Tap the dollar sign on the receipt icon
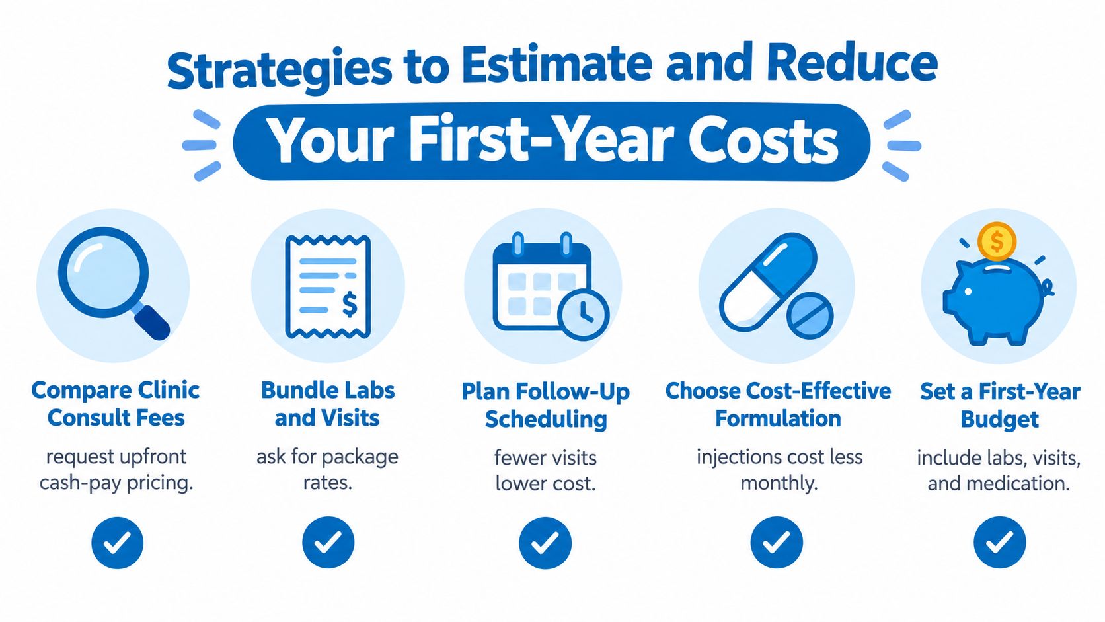(x=349, y=304)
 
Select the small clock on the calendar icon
(x=584, y=315)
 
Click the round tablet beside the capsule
(x=810, y=316)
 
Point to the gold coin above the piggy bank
(x=997, y=242)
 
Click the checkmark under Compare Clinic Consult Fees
(x=118, y=543)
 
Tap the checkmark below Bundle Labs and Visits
(x=328, y=543)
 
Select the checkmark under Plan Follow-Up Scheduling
(x=545, y=543)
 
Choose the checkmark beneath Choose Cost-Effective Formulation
(x=777, y=543)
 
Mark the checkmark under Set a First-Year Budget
(x=999, y=543)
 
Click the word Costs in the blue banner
(x=763, y=141)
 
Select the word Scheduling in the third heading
(x=546, y=419)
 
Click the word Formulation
(x=778, y=419)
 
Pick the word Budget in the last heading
(x=999, y=420)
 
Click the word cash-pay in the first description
(x=79, y=483)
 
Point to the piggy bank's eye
(x=968, y=292)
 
